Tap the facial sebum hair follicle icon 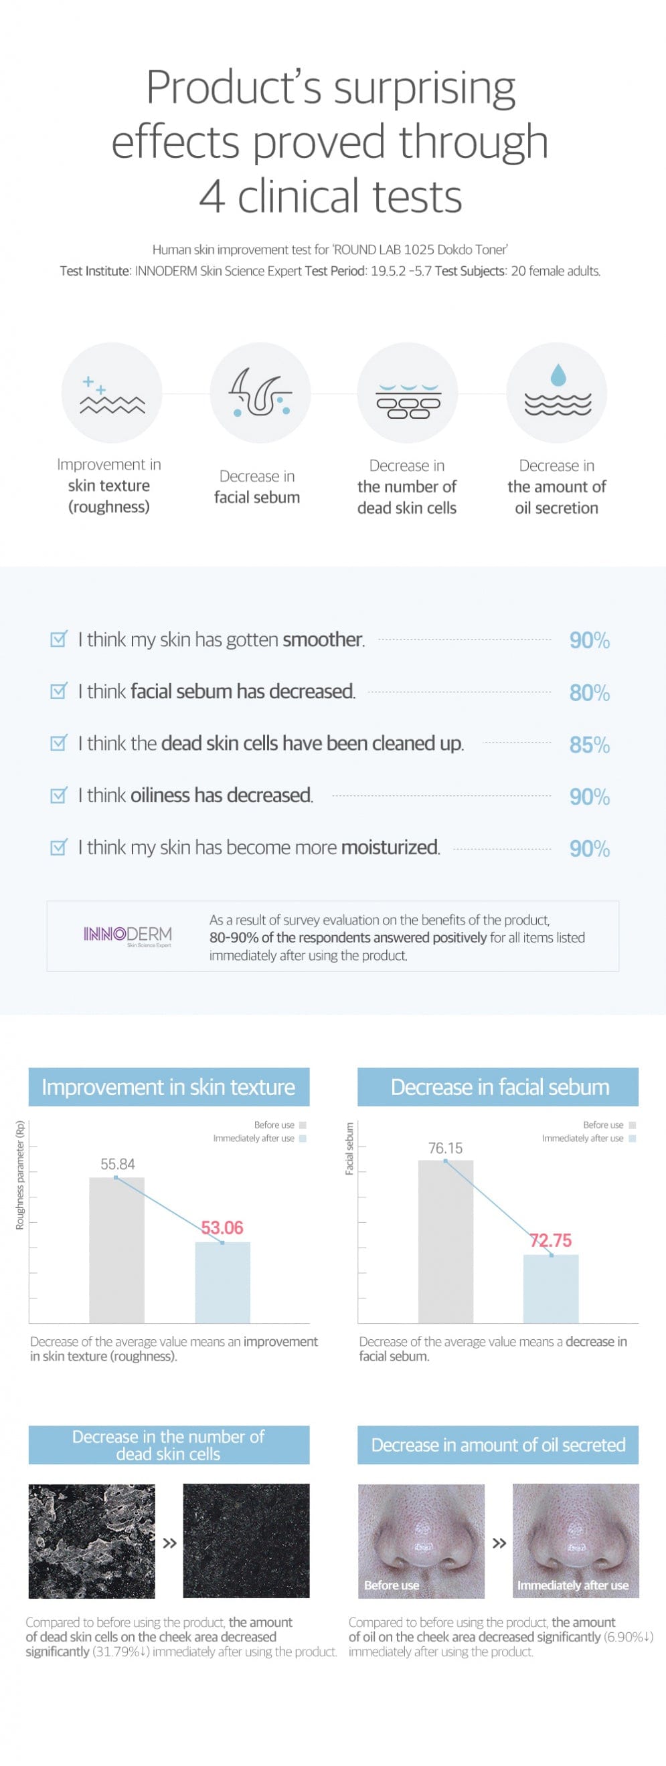pyautogui.click(x=260, y=393)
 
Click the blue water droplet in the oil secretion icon pyautogui.click(x=558, y=375)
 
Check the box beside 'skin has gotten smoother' pyautogui.click(x=59, y=639)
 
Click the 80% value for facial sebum pyautogui.click(x=589, y=692)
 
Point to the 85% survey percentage pyautogui.click(x=589, y=745)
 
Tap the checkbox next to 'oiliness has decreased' pyautogui.click(x=59, y=795)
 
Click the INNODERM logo pyautogui.click(x=128, y=935)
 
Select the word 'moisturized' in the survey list pyautogui.click(x=390, y=848)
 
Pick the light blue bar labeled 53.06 pyautogui.click(x=222, y=1282)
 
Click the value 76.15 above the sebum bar pyautogui.click(x=445, y=1148)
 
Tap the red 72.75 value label pyautogui.click(x=551, y=1240)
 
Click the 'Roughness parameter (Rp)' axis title pyautogui.click(x=20, y=1175)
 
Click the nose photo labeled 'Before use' pyautogui.click(x=421, y=1540)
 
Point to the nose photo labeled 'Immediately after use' pyautogui.click(x=576, y=1540)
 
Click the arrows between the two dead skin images pyautogui.click(x=169, y=1543)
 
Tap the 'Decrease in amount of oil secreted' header pyautogui.click(x=498, y=1444)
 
